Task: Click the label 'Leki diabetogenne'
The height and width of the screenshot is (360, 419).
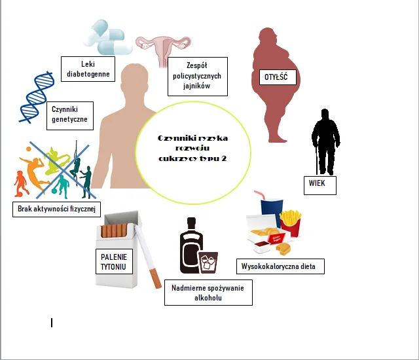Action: pos(88,69)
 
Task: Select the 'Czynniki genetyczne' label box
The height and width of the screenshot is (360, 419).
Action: pos(69,115)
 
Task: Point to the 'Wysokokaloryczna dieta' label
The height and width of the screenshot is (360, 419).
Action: pos(280,266)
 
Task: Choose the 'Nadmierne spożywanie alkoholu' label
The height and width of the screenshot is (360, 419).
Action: pos(208,292)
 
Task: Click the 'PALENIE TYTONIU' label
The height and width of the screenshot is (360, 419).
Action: pos(113,261)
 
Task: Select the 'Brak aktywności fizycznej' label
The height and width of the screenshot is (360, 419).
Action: pos(56,209)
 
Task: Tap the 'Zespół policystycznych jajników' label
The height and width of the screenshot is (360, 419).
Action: pos(197,77)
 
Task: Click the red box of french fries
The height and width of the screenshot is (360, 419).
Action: pos(290,223)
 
